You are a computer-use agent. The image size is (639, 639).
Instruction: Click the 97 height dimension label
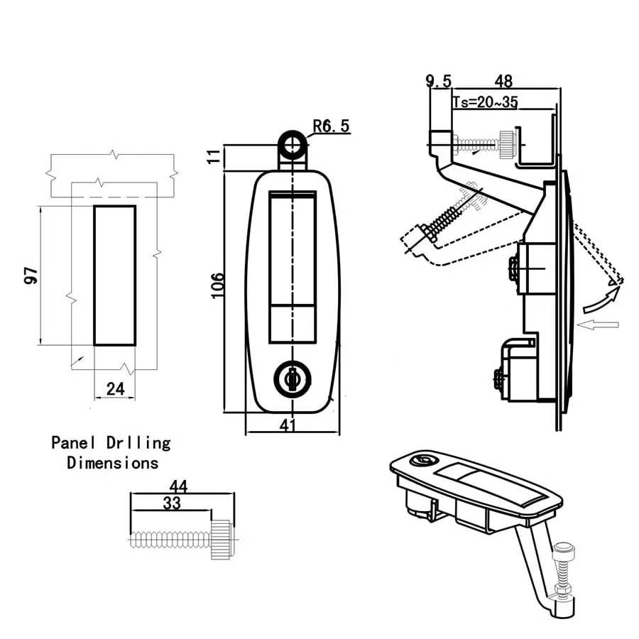(31, 275)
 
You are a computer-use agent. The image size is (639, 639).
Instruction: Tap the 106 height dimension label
(218, 285)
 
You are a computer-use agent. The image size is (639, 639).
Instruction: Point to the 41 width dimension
(288, 425)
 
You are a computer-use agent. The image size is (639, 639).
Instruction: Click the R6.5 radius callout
(332, 126)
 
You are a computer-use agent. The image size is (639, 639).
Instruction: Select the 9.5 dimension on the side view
(439, 81)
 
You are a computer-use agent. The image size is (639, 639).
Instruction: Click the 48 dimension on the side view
(503, 81)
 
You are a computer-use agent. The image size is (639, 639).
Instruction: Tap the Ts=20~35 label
(486, 102)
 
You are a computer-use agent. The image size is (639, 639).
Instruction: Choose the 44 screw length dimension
(178, 486)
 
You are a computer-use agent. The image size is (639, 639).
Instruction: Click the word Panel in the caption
(72, 443)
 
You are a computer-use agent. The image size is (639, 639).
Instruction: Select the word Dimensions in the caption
(112, 463)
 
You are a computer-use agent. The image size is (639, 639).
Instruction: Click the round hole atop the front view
(293, 145)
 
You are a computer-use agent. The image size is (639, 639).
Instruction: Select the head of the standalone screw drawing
(223, 539)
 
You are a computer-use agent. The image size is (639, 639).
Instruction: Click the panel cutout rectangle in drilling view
(114, 275)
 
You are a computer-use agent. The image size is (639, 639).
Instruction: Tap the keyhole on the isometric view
(422, 461)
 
